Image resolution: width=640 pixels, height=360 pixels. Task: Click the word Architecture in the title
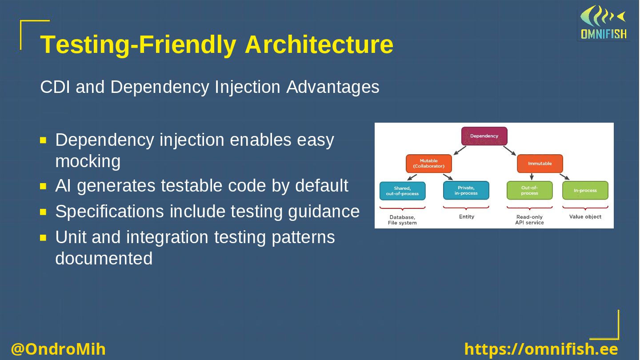click(319, 44)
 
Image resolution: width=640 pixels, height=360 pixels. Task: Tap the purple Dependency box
click(484, 136)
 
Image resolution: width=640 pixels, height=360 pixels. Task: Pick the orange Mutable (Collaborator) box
click(428, 164)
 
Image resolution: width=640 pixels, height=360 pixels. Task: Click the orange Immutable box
click(540, 164)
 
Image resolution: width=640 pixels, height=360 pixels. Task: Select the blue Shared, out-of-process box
click(402, 191)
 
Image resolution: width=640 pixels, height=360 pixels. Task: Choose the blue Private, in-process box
click(466, 191)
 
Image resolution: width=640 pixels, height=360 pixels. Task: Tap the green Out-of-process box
click(529, 191)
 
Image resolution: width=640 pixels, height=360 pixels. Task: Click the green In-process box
click(585, 191)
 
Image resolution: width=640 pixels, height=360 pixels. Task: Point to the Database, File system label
click(402, 220)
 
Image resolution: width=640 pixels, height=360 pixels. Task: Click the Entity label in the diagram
click(467, 217)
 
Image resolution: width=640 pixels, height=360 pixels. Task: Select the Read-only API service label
click(529, 220)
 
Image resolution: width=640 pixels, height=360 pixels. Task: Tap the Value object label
click(585, 217)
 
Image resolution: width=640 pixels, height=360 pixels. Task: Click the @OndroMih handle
click(58, 349)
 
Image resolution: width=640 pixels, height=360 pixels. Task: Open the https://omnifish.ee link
click(541, 349)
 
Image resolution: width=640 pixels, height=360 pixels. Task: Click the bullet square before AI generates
click(43, 186)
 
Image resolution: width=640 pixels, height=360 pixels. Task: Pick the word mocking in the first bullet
click(88, 161)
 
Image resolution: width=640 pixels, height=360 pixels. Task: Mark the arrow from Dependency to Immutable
click(509, 151)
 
